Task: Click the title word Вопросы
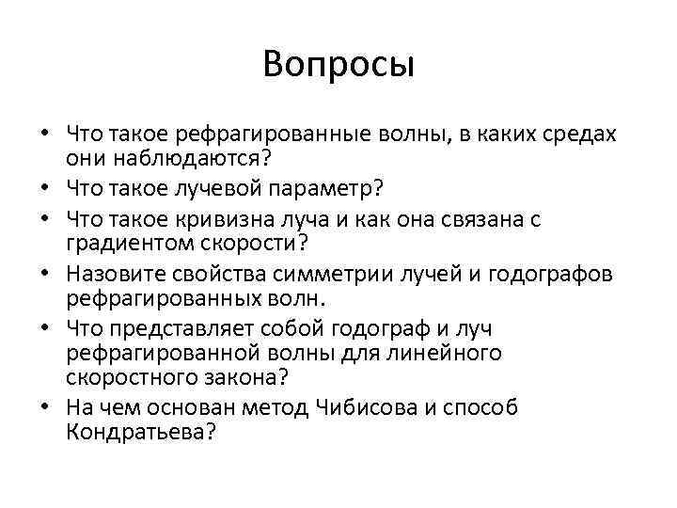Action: [338, 65]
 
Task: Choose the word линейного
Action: [442, 354]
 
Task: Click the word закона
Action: [224, 376]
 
